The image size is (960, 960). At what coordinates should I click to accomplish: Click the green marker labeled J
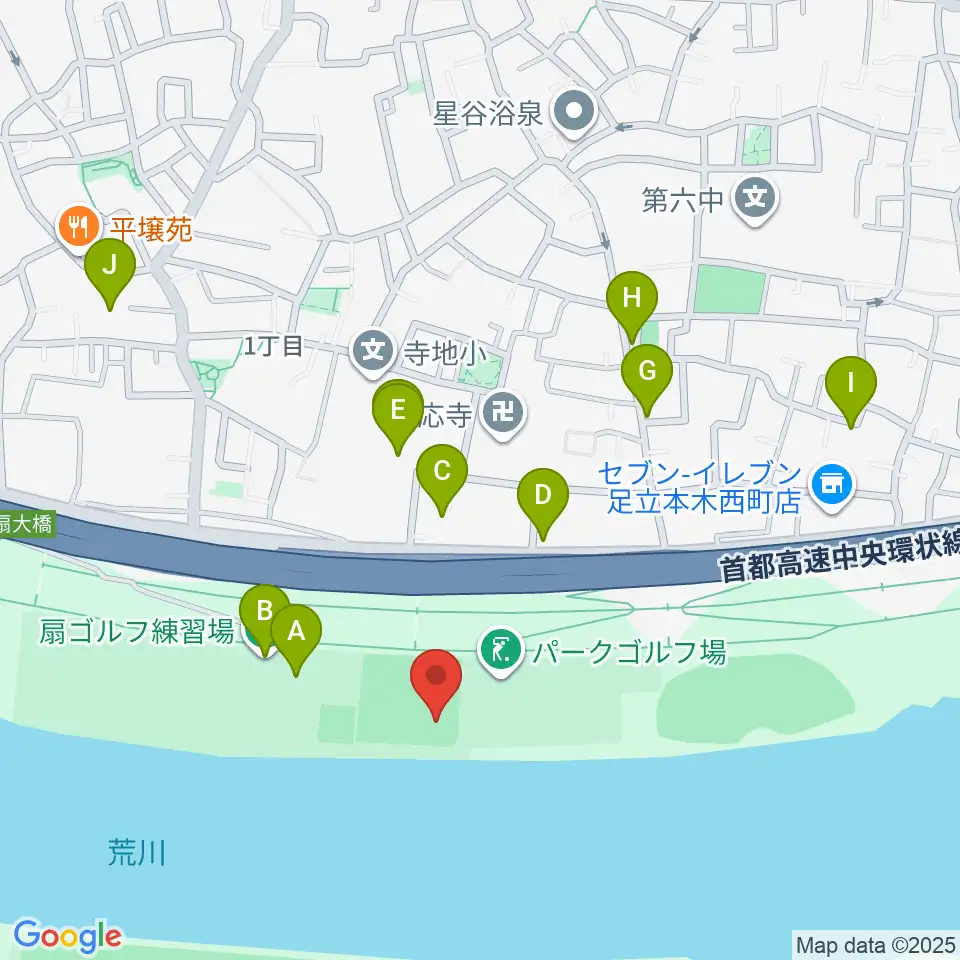coord(110,269)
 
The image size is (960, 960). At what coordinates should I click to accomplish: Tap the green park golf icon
coord(501,651)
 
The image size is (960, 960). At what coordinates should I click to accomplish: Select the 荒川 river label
coord(136,853)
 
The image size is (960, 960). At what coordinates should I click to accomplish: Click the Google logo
coord(67,936)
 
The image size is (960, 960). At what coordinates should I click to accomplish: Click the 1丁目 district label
coord(273,347)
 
